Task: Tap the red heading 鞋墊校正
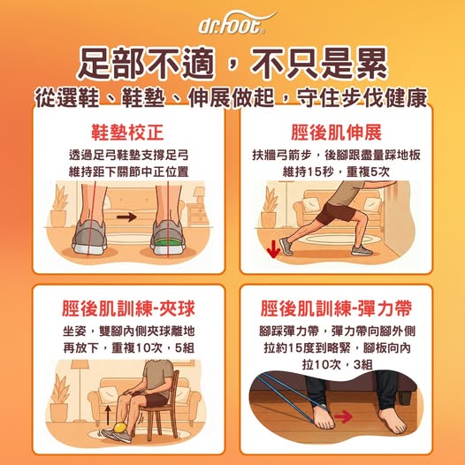[x=127, y=133]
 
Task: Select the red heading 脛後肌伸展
[x=336, y=133]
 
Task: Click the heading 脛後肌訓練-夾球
[x=128, y=309]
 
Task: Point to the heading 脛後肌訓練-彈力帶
[x=336, y=309]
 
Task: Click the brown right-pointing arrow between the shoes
[x=126, y=217]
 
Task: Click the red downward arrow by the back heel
[x=273, y=248]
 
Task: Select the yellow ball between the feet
[x=120, y=428]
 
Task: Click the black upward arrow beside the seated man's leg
[x=108, y=415]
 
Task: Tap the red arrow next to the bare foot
[x=343, y=417]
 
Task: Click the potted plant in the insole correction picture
[x=58, y=207]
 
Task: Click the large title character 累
[x=371, y=63]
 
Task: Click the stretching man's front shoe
[x=362, y=250]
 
